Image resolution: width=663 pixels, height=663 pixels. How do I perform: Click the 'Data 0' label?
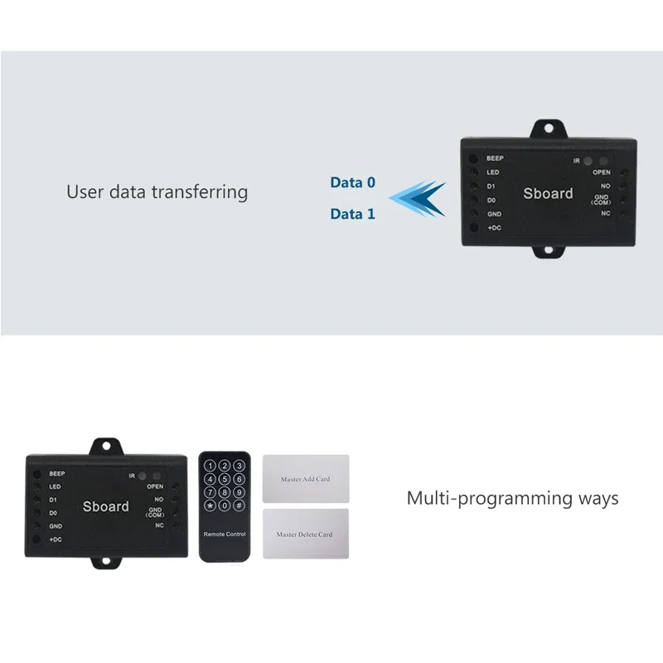coord(352,182)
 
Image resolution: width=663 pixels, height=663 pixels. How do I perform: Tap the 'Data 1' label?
coord(352,214)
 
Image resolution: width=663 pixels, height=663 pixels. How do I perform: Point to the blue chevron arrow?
coord(419,197)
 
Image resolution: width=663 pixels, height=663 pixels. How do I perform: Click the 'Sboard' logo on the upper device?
coord(548,193)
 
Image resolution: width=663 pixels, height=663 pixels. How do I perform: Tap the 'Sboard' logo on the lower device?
coord(106,505)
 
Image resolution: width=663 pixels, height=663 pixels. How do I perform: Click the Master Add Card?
coord(306,479)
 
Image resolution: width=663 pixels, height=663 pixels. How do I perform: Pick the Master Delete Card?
coord(306,535)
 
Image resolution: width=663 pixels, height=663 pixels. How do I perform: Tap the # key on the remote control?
coord(239,505)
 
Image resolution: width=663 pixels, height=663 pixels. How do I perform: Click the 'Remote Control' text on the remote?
coord(225,535)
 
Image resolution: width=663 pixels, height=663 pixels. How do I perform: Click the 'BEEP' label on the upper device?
coord(495,157)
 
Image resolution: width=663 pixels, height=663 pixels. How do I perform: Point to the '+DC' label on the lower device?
coord(56,540)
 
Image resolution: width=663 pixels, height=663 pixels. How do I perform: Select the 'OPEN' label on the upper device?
coord(601,172)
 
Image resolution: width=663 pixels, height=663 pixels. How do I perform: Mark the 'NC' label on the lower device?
coord(160,525)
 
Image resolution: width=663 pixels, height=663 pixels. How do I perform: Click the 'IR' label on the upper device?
coord(577,160)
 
